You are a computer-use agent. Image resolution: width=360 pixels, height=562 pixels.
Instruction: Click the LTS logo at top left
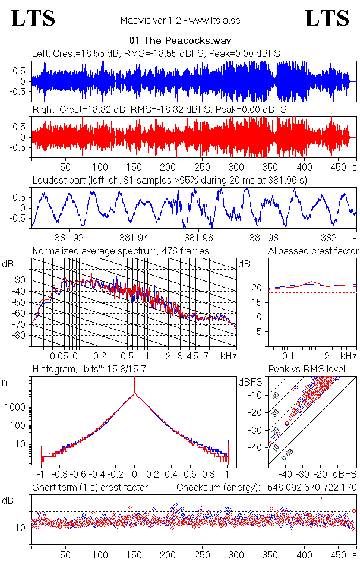coord(33,18)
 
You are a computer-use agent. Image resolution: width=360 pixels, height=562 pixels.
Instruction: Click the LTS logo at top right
coord(326,18)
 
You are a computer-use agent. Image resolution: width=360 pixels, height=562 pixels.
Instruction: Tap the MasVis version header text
coord(180,21)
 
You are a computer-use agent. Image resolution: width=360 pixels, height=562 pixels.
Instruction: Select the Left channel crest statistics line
coord(156,53)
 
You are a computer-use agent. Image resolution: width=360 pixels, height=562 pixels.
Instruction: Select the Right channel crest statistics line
coord(159,110)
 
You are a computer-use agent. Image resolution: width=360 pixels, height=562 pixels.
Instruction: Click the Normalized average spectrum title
coord(121,251)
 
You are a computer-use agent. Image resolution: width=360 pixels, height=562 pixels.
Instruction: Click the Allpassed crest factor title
coord(313,251)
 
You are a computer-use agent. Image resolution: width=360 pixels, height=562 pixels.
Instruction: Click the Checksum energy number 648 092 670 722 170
coord(308,488)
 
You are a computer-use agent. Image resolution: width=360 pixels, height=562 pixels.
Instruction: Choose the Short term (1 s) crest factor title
coord(90,488)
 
